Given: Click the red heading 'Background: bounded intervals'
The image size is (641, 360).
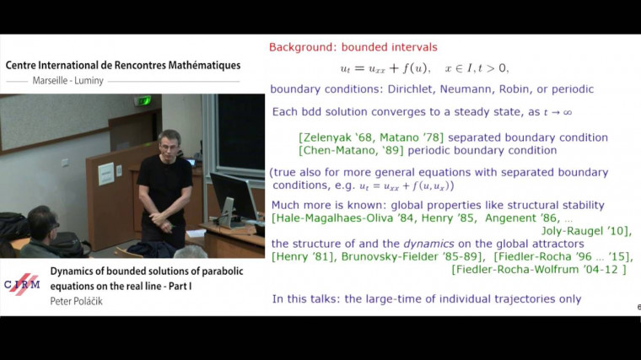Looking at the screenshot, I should tap(353, 47).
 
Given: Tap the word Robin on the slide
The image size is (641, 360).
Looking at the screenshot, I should tap(523, 89).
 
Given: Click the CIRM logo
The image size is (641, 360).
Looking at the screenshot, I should tap(24, 284).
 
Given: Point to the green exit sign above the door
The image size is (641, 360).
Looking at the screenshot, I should tap(143, 100).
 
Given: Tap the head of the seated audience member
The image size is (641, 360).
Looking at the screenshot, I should tap(42, 223).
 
